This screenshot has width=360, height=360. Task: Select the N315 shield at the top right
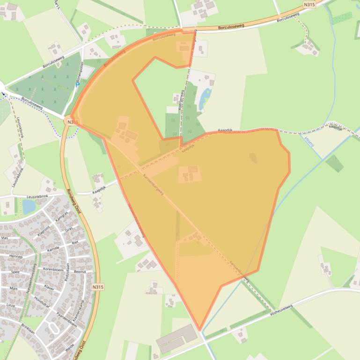pos(309,5)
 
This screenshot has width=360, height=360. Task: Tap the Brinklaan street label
pos(28,329)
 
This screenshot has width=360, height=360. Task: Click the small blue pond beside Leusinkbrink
pos(29,206)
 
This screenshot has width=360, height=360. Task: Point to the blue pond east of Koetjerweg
pos(205,99)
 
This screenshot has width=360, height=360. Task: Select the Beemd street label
pos(80,272)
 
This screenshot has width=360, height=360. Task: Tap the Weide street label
pos(70,347)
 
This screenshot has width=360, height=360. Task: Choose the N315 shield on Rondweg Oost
pos(97,287)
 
